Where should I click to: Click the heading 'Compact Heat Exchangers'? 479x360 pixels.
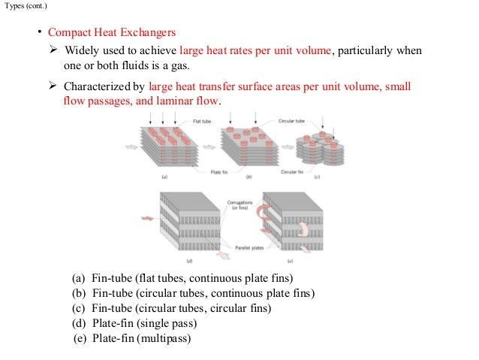tap(112, 33)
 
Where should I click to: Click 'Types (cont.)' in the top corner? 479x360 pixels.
tap(24, 5)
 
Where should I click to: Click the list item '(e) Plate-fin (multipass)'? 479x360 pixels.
tap(132, 338)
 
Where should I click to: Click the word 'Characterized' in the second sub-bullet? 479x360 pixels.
tap(98, 86)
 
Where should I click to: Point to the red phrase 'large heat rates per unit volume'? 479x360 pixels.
tap(255, 51)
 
